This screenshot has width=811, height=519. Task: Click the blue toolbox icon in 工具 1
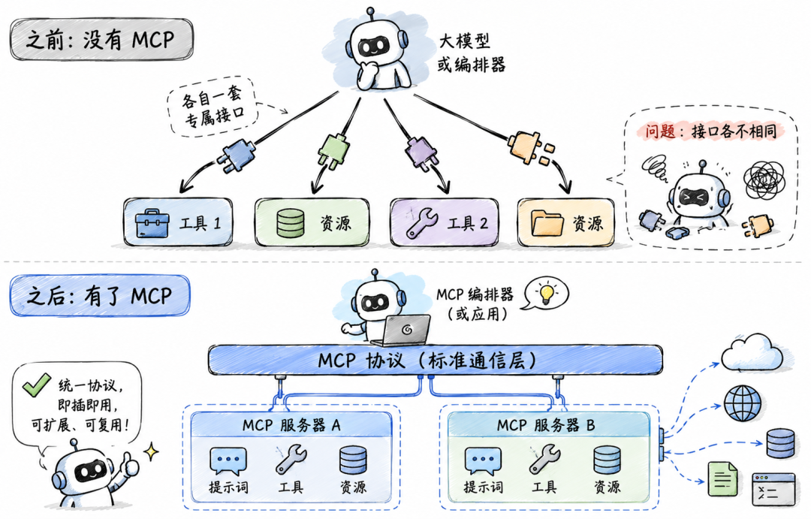152,223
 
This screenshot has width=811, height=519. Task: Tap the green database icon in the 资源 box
290,223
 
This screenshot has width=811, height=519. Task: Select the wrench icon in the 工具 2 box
422,223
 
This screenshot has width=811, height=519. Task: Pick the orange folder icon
547,223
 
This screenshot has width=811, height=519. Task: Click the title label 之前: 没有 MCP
101,39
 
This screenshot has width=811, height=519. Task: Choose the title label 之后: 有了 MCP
99,296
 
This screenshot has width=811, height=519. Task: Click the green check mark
36,385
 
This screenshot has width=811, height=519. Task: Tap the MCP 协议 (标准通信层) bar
435,360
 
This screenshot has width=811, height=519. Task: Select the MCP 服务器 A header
291,425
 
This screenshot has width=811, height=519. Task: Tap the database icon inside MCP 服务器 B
607,460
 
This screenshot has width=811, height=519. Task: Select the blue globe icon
743,403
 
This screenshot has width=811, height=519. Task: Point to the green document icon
722,478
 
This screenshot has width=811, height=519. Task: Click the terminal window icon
773,489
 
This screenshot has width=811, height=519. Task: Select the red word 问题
659,131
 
